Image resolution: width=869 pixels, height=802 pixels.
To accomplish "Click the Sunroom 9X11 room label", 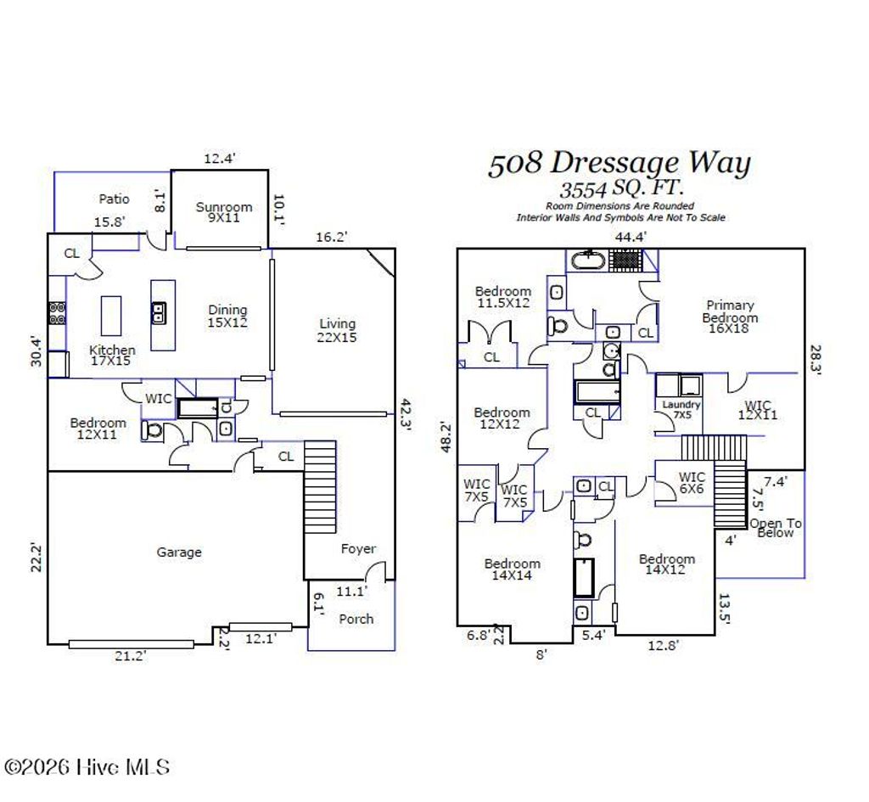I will coord(224,212).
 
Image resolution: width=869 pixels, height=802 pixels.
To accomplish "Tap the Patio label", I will coord(115,199).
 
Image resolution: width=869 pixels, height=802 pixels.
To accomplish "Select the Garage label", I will coord(179,552).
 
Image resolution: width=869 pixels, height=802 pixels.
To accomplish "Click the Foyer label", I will coord(358,549).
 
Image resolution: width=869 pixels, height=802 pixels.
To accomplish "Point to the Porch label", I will coord(356,619).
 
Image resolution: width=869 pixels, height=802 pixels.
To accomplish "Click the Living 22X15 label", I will coord(337,329).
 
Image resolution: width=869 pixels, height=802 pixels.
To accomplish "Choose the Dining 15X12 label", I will coord(227,316).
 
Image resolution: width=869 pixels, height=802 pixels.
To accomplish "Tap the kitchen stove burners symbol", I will coord(57,313).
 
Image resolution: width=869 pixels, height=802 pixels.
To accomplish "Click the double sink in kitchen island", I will coord(159,313).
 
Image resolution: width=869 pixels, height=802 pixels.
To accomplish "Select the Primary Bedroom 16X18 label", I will coord(730,317).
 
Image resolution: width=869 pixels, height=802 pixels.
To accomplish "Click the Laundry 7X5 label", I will coord(681,410).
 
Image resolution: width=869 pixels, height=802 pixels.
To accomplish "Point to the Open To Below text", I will coord(775,528).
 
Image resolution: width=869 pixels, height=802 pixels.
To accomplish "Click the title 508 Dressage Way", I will coord(619,163).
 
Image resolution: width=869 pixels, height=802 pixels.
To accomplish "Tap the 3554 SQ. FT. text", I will coord(621,188).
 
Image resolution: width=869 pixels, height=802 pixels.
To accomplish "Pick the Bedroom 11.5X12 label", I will coord(502,296).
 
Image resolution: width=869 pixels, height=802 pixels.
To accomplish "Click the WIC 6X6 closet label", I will coord(692,482).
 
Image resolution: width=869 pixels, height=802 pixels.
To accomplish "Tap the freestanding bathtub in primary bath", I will coord(587,259).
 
